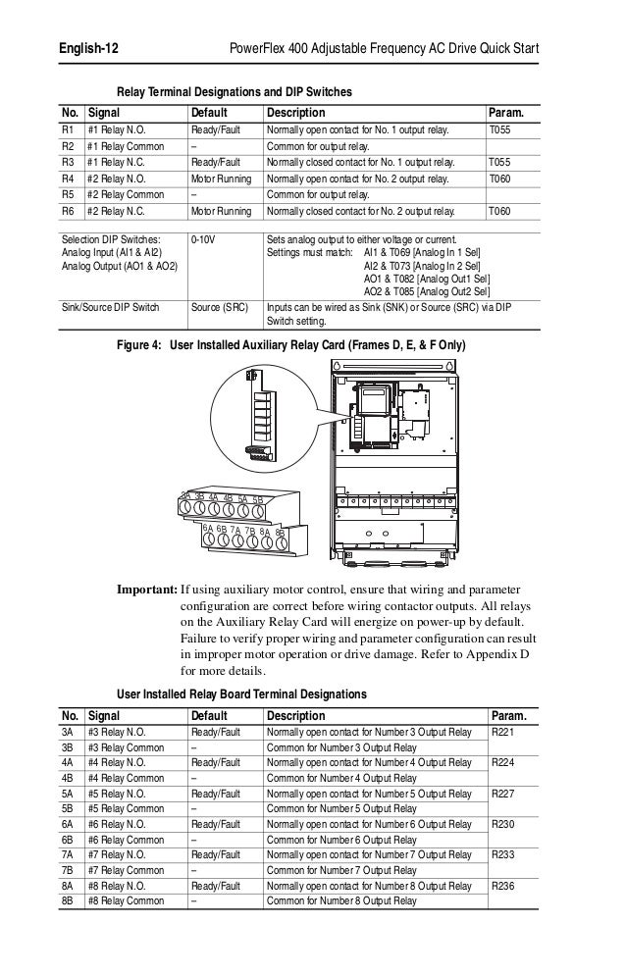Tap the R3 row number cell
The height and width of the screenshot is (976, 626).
tap(69, 162)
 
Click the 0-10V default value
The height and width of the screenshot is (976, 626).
tap(204, 238)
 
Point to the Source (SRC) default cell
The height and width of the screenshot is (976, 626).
tap(219, 306)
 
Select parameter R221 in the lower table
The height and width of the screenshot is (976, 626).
tap(502, 733)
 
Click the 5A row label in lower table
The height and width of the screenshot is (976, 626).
tap(69, 794)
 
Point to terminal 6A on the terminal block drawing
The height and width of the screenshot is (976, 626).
tap(208, 529)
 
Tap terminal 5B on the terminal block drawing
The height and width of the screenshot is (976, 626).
tap(257, 500)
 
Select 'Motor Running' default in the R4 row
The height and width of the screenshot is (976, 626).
tap(221, 179)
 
